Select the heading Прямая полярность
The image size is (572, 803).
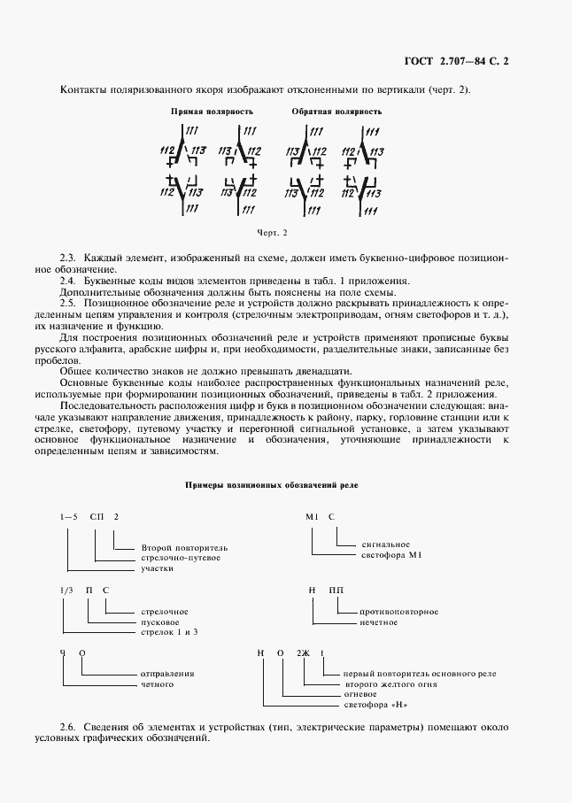tap(212, 112)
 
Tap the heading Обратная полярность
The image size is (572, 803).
tap(336, 112)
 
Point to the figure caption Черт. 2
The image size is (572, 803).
tap(273, 233)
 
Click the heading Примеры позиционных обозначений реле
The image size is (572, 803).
tap(272, 486)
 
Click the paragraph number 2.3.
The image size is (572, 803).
tap(68, 257)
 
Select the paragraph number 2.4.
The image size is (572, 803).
tap(68, 280)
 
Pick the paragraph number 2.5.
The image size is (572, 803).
tap(68, 303)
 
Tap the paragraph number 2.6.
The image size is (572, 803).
tap(68, 728)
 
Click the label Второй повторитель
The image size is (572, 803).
tap(184, 547)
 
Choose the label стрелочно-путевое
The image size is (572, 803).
tap(181, 558)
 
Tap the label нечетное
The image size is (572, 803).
tap(379, 622)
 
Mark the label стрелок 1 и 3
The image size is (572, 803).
tap(170, 632)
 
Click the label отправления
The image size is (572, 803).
tap(167, 674)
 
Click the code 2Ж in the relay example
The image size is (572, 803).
tap(304, 653)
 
